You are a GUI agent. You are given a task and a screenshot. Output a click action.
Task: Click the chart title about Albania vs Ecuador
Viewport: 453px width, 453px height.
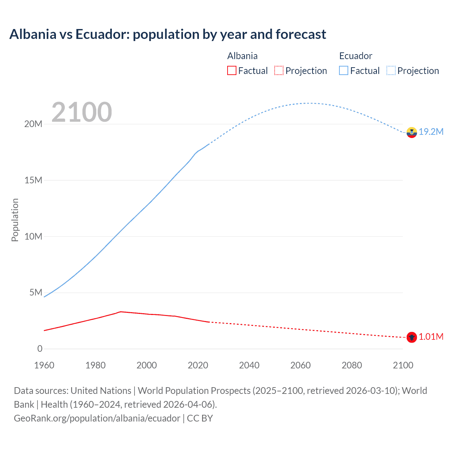tap(168, 34)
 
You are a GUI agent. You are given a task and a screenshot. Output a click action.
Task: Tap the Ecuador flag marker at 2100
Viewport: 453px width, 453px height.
tap(412, 132)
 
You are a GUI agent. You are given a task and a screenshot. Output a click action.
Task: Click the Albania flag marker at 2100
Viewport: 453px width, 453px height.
tap(412, 337)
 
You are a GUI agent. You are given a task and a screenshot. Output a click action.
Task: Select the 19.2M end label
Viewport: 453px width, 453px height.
tap(431, 132)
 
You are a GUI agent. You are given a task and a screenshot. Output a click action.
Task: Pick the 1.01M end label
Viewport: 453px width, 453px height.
tap(431, 337)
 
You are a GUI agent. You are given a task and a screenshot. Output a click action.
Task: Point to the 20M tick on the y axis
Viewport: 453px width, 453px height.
tap(33, 124)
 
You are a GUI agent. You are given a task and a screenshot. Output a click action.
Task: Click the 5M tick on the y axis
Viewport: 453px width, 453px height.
tap(35, 293)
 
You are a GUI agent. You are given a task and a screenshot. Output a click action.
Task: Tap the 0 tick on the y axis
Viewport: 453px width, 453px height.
tap(40, 349)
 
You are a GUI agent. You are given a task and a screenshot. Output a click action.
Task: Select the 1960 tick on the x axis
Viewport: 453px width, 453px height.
tap(44, 365)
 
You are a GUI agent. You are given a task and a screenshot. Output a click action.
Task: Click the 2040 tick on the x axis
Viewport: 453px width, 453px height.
tap(249, 365)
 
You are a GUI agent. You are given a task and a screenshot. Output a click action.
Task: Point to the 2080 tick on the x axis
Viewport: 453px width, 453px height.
tap(352, 365)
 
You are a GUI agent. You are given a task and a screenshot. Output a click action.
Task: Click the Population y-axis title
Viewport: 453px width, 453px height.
tap(15, 220)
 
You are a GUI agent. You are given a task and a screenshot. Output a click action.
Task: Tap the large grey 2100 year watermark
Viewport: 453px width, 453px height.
tap(82, 113)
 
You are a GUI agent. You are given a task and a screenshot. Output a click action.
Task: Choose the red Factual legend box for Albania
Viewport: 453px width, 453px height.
tap(231, 70)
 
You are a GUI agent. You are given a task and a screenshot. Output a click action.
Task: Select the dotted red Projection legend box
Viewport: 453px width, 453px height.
tap(279, 70)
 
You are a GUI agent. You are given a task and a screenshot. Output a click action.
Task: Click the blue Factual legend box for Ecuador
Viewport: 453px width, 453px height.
tap(344, 70)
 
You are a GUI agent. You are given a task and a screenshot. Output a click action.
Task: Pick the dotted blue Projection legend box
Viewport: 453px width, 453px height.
tap(391, 70)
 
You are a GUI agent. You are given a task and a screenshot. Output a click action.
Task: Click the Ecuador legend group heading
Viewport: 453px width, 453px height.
tap(356, 56)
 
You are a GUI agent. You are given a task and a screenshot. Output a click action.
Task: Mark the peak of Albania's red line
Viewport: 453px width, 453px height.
tap(121, 312)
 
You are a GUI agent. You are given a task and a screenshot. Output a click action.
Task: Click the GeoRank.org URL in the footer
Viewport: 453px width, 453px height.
tap(97, 418)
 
